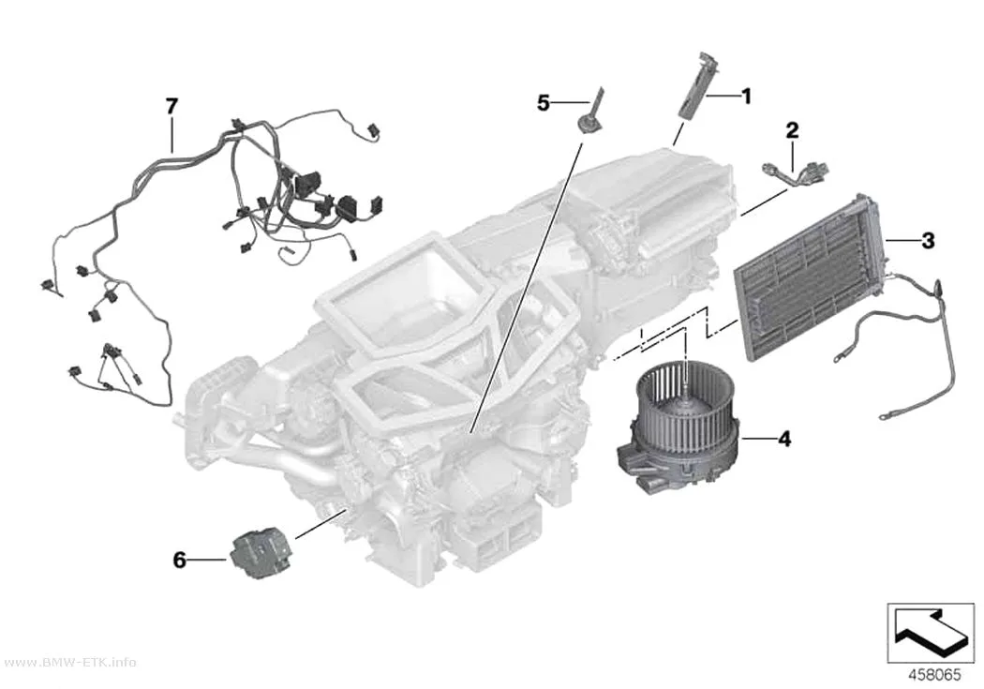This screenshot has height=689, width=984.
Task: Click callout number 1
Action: pos(746,97)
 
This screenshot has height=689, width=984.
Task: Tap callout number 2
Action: pos(793,130)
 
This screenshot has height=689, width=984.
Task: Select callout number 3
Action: pos(928,240)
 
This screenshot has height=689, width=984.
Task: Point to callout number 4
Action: pos(784,439)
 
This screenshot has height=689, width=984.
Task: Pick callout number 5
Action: pos(544,102)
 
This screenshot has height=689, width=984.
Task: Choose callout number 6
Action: pos(180,560)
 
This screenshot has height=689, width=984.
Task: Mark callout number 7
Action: pos(171,106)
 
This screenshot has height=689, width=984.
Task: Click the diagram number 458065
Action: pos(935,675)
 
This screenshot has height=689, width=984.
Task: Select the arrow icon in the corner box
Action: pos(928,635)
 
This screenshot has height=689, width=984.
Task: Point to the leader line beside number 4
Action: pos(758,439)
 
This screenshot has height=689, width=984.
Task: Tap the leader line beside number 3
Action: pos(902,240)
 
